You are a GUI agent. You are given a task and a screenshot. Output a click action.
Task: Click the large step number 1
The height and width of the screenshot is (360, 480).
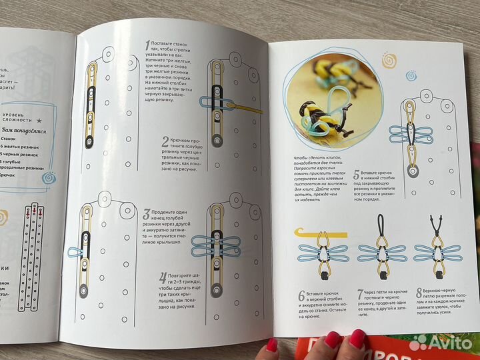click(x=148, y=45)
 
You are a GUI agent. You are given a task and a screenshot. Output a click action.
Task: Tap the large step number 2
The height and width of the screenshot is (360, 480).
click(x=164, y=141)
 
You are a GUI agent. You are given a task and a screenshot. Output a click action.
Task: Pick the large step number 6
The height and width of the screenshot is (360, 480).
click(x=301, y=294)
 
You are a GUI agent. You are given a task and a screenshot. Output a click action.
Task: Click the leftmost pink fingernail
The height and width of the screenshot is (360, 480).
click(x=271, y=346)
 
